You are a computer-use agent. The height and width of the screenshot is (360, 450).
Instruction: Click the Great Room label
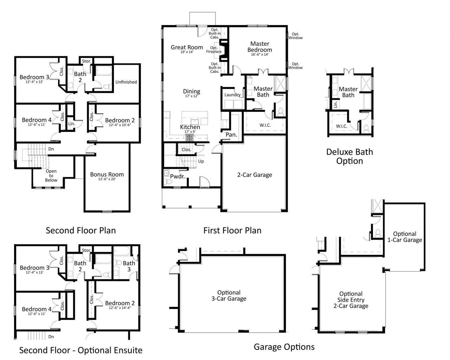click(x=187, y=47)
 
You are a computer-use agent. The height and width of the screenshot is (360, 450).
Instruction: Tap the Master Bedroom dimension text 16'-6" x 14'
click(x=260, y=55)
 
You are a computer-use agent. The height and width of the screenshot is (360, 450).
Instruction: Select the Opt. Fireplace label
click(x=214, y=50)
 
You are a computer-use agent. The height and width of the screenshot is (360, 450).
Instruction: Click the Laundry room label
click(x=232, y=95)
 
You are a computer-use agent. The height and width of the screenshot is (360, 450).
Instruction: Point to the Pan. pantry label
click(x=231, y=134)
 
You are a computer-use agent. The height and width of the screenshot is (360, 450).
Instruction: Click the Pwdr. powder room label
click(x=178, y=176)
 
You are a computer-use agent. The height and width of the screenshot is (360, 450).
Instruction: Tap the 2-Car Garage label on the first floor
click(x=255, y=175)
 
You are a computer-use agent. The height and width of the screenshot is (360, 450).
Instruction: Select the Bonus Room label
click(x=107, y=174)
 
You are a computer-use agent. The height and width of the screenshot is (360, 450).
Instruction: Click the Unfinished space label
click(x=126, y=82)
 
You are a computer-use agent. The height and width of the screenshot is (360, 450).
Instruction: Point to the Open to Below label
click(x=51, y=176)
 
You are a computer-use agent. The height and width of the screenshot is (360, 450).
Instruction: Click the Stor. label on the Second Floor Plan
click(x=86, y=61)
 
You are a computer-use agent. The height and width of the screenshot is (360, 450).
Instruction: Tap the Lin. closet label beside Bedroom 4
click(x=71, y=124)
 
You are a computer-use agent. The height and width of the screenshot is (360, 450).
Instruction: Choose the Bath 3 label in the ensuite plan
click(x=129, y=266)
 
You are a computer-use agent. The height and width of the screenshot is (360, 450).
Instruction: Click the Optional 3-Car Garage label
click(x=229, y=296)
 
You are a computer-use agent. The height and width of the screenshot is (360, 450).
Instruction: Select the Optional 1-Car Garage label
click(x=405, y=237)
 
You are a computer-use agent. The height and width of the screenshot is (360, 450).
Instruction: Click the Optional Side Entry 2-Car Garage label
click(x=351, y=300)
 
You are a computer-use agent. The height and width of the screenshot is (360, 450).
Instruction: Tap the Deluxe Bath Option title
click(x=349, y=157)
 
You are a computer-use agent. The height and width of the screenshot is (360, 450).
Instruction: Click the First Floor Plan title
click(x=232, y=230)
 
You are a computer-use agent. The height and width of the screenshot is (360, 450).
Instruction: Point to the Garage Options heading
click(x=284, y=347)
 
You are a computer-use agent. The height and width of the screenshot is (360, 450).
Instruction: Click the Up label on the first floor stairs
click(x=201, y=161)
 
